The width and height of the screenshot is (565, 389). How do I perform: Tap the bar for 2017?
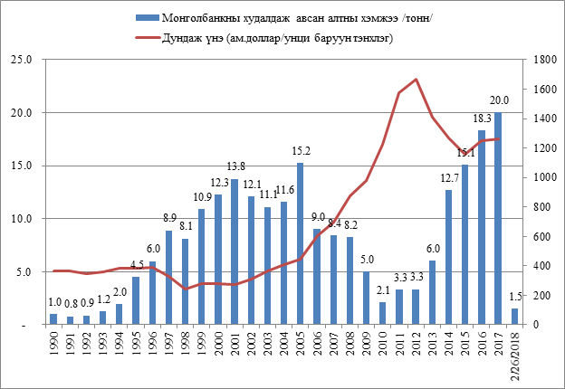(x=498, y=218)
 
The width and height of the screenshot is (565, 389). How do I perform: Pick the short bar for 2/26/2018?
(x=515, y=316)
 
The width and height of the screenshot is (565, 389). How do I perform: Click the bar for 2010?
(x=383, y=313)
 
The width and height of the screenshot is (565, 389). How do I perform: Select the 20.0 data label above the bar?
(x=499, y=100)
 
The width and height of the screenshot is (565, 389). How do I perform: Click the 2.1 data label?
(x=383, y=290)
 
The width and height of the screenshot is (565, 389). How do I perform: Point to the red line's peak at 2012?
(x=416, y=80)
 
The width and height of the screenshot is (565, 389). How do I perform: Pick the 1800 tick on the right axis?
(x=541, y=60)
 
